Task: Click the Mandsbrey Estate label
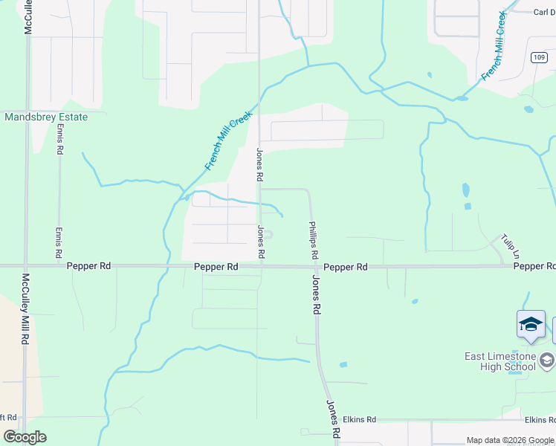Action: (x=46, y=117)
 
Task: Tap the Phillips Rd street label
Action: (x=314, y=239)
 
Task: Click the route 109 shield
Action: (x=539, y=57)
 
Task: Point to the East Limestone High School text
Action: (x=500, y=361)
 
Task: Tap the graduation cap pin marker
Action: (x=531, y=326)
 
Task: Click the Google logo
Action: (x=25, y=437)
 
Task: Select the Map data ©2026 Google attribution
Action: (x=511, y=440)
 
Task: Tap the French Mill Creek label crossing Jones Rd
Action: (x=229, y=140)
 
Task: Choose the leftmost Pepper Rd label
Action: (x=88, y=266)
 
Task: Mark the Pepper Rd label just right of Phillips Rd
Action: (x=346, y=266)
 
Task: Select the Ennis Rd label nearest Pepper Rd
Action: (x=59, y=243)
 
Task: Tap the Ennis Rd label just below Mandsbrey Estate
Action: (x=59, y=140)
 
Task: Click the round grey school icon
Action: (x=547, y=361)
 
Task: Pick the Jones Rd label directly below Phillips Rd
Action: (x=317, y=294)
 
